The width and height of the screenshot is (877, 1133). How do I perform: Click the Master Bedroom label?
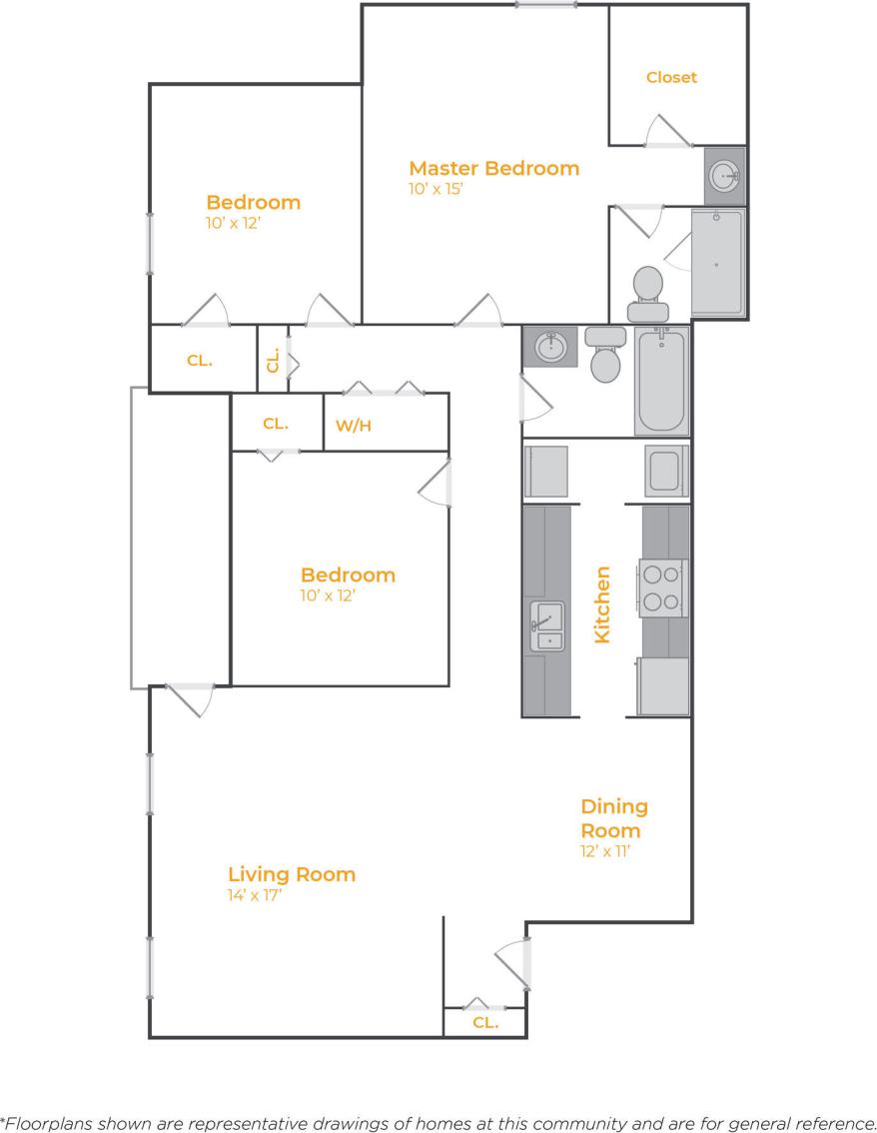pyautogui.click(x=493, y=168)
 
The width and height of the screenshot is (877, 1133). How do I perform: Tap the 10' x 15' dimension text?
pyautogui.click(x=437, y=189)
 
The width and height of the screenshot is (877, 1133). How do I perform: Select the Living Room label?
pyautogui.click(x=291, y=874)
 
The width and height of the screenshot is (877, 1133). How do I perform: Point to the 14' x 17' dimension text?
pyautogui.click(x=255, y=895)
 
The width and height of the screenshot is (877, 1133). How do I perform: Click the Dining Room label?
pyautogui.click(x=613, y=818)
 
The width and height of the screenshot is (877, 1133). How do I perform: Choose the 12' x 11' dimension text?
pyautogui.click(x=605, y=852)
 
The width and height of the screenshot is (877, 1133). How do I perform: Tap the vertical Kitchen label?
pyautogui.click(x=602, y=604)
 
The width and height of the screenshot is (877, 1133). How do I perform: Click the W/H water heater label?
pyautogui.click(x=353, y=425)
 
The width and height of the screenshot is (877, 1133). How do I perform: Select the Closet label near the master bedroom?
pyautogui.click(x=671, y=77)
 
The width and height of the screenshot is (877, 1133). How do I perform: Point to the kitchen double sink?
pyautogui.click(x=546, y=626)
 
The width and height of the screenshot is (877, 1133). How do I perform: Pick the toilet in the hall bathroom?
pyautogui.click(x=605, y=355)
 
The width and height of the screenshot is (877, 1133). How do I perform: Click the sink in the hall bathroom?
pyautogui.click(x=548, y=348)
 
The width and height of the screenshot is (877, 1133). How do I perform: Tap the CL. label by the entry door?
pyautogui.click(x=485, y=1023)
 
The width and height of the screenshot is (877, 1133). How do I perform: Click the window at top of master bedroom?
pyautogui.click(x=545, y=5)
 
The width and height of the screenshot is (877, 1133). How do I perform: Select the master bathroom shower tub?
pyautogui.click(x=718, y=263)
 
